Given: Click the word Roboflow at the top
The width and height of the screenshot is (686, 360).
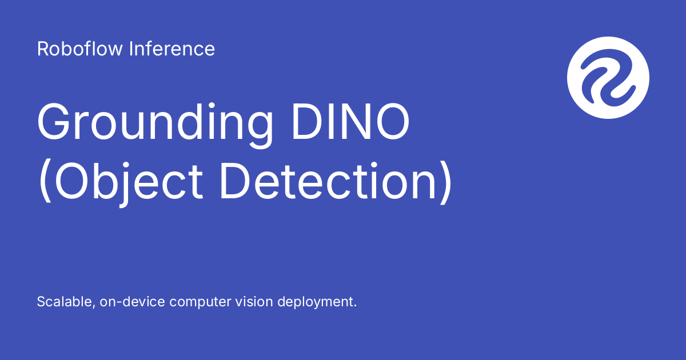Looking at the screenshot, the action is click(x=79, y=49).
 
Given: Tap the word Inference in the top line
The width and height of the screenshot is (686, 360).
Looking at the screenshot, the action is click(x=172, y=49).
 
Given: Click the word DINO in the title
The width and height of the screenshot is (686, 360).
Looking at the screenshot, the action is click(x=351, y=121).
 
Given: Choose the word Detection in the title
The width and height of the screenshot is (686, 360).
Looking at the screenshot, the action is click(x=328, y=181).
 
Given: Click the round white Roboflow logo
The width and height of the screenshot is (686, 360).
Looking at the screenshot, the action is click(x=608, y=78).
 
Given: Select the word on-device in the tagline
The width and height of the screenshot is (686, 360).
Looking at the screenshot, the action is click(x=132, y=302).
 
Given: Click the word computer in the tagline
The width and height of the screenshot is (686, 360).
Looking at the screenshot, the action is click(x=200, y=302).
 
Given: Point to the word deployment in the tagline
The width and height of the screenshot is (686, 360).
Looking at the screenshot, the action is click(x=316, y=302).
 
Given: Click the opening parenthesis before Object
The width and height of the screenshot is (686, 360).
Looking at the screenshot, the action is click(x=45, y=182).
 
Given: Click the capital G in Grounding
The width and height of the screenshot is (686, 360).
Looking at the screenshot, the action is click(x=53, y=122).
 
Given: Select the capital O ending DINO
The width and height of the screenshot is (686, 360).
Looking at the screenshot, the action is click(x=393, y=122).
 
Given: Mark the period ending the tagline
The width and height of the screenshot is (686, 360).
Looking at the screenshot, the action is click(x=355, y=306).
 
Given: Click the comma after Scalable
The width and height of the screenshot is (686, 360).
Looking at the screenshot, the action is click(x=93, y=306).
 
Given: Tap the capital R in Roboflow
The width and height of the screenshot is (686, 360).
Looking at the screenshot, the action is click(x=43, y=49).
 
